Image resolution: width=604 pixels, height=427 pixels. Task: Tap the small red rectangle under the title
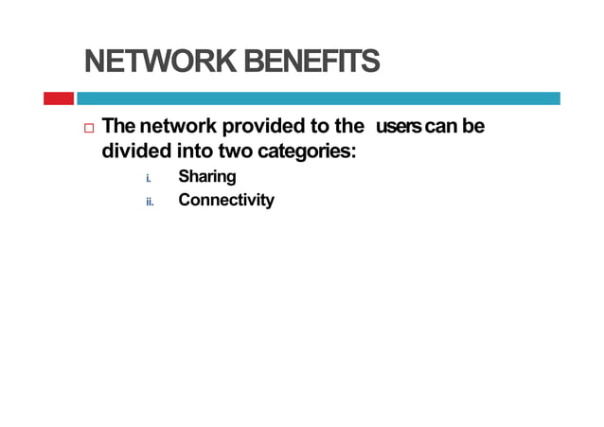click(58, 98)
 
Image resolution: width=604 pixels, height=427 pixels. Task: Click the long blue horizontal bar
click(318, 98)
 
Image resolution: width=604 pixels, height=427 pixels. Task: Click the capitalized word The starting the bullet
click(118, 126)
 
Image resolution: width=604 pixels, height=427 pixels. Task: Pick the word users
click(399, 126)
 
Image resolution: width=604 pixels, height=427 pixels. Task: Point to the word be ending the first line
click(473, 126)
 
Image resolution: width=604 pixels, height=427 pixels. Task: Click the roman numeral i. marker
click(149, 177)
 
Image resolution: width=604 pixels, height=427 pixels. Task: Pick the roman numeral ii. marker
click(150, 201)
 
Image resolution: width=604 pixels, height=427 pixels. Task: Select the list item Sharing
click(207, 176)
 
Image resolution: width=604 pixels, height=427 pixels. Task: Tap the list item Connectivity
click(226, 200)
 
